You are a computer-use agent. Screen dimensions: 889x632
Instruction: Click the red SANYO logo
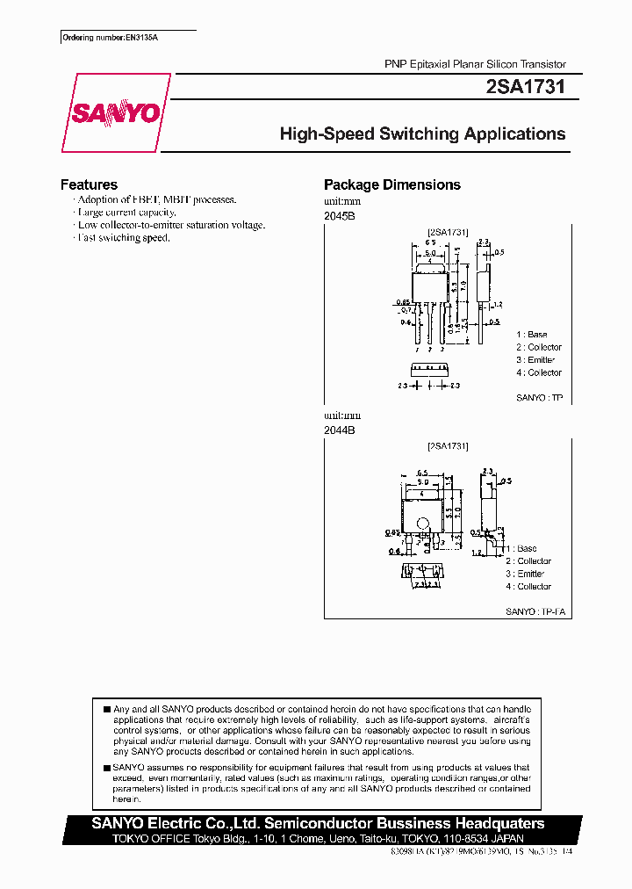115,114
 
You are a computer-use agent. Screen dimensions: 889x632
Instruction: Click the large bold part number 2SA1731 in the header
525,88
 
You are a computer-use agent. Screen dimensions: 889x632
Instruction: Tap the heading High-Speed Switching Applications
422,134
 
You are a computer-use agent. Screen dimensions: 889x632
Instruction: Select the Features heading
89,184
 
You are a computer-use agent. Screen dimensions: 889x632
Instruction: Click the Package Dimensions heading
392,184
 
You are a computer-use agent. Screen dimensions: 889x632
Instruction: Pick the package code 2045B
340,215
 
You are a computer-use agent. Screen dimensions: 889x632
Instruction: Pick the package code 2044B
340,430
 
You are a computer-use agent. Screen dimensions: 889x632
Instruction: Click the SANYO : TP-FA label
537,611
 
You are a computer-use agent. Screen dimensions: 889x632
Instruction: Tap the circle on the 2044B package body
422,526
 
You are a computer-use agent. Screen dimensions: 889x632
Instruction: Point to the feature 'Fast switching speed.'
123,238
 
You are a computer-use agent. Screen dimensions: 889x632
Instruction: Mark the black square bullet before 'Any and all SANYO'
106,709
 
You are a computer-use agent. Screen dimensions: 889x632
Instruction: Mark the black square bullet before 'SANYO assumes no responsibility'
106,768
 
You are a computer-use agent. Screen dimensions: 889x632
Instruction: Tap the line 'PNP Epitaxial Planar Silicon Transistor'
475,65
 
